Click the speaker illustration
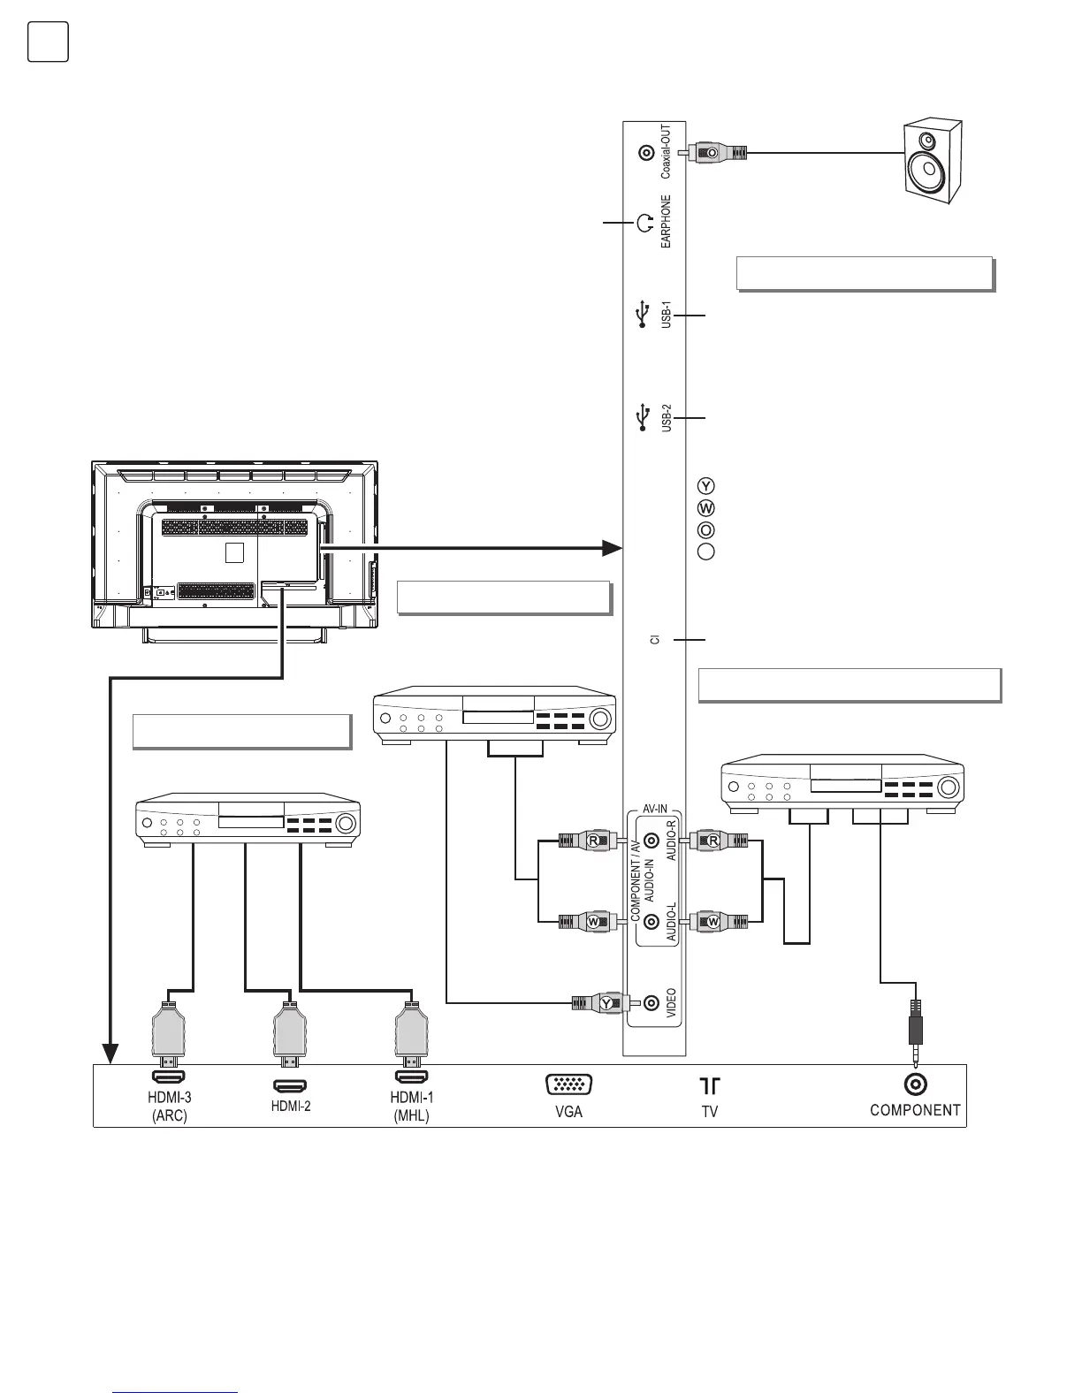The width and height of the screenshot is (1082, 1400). coord(930,163)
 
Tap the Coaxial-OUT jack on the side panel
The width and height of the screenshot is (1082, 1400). coord(646,153)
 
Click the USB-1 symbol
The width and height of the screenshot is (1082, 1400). coord(643,315)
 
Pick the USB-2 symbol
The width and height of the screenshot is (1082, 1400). coord(643,416)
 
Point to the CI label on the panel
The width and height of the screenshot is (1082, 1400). coord(655,639)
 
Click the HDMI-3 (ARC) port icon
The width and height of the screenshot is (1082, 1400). coord(169,1077)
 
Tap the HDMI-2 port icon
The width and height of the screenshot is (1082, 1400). coord(289,1084)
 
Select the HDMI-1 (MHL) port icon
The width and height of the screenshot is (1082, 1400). coord(410,1077)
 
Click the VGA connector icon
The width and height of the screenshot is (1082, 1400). coord(569,1085)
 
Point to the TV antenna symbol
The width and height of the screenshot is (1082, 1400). coord(710,1085)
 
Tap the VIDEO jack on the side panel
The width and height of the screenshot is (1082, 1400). coord(651,1002)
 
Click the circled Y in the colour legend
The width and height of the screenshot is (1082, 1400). coord(706,486)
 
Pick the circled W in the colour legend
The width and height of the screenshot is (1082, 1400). coord(706,508)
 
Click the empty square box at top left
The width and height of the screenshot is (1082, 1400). coord(48,42)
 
